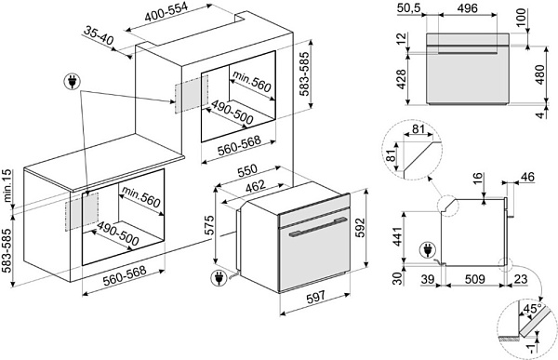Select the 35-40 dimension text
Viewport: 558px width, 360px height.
point(99,36)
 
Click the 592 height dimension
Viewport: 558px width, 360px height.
point(360,228)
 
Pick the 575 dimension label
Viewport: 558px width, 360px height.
point(209,225)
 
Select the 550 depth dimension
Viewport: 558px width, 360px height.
point(247,171)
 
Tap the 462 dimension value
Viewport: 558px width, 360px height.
point(255,187)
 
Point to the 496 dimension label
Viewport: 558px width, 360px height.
point(467,8)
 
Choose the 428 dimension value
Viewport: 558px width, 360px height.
point(401,79)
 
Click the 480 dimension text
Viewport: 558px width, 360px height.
point(539,74)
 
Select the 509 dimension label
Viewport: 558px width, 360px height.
point(474,278)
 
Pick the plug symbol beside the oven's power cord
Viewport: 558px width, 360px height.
point(218,278)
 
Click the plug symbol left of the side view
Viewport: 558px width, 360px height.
point(427,250)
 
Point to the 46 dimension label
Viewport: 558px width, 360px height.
point(527,177)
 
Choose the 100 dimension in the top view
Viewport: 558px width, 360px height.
point(522,17)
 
